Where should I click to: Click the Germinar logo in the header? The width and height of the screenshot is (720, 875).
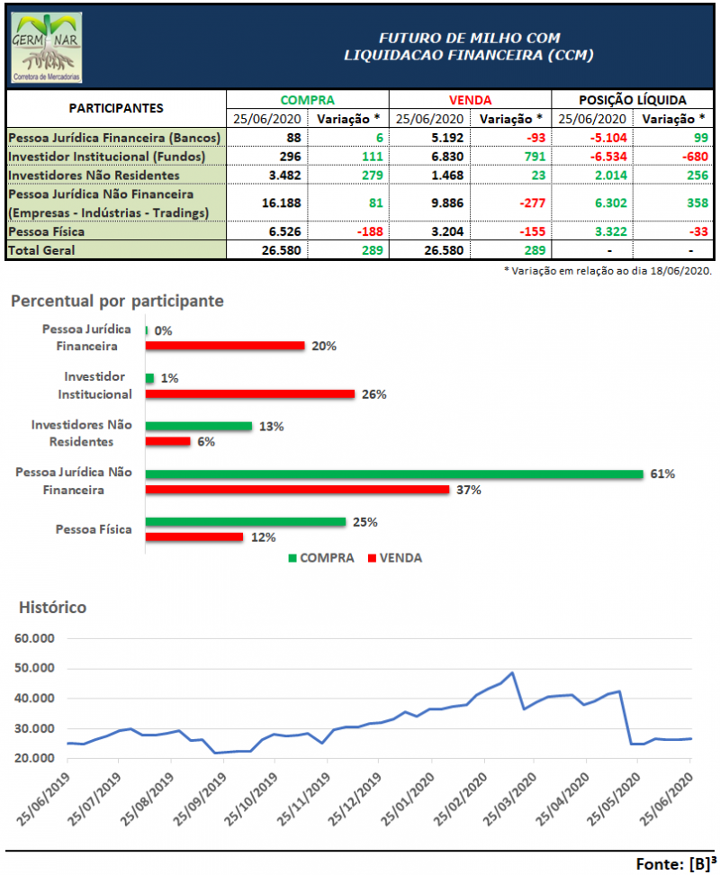[46, 48]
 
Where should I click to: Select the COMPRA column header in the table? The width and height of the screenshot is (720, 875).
[307, 100]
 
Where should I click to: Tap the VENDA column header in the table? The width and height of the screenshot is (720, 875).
[470, 100]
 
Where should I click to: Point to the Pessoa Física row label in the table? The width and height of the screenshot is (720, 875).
[46, 230]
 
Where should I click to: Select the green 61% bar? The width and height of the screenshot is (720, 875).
[394, 474]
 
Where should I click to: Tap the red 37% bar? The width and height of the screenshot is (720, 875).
[297, 490]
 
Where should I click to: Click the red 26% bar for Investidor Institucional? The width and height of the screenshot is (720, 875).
[250, 393]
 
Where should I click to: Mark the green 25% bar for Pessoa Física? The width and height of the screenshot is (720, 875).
[245, 522]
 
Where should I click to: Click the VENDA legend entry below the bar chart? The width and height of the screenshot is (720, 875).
[395, 557]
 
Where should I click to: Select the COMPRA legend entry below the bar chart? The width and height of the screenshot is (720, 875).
[320, 557]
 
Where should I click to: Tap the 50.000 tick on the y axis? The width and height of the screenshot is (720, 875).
[34, 668]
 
